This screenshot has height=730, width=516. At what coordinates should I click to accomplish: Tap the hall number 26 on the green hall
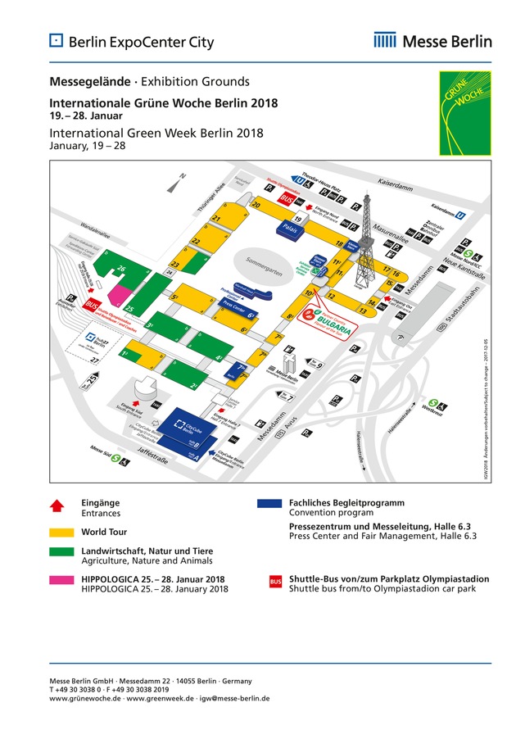(x=121, y=269)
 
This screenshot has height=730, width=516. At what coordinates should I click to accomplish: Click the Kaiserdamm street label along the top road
(x=397, y=184)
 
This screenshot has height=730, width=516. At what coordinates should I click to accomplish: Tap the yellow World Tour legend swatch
(x=57, y=533)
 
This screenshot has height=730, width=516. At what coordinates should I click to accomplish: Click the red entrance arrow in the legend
(x=57, y=506)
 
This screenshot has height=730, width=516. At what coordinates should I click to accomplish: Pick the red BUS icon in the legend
(x=275, y=582)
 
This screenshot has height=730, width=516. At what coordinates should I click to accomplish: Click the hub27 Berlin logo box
(x=93, y=339)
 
